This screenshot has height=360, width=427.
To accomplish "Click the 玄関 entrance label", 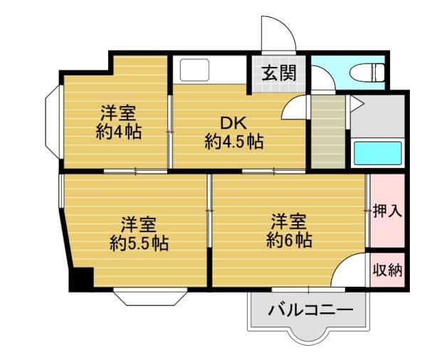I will [x=273, y=72].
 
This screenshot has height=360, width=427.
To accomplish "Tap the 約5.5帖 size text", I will [x=139, y=243].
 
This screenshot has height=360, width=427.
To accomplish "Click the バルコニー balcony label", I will [x=310, y=310].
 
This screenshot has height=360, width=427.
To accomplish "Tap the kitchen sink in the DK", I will [x=193, y=70].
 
